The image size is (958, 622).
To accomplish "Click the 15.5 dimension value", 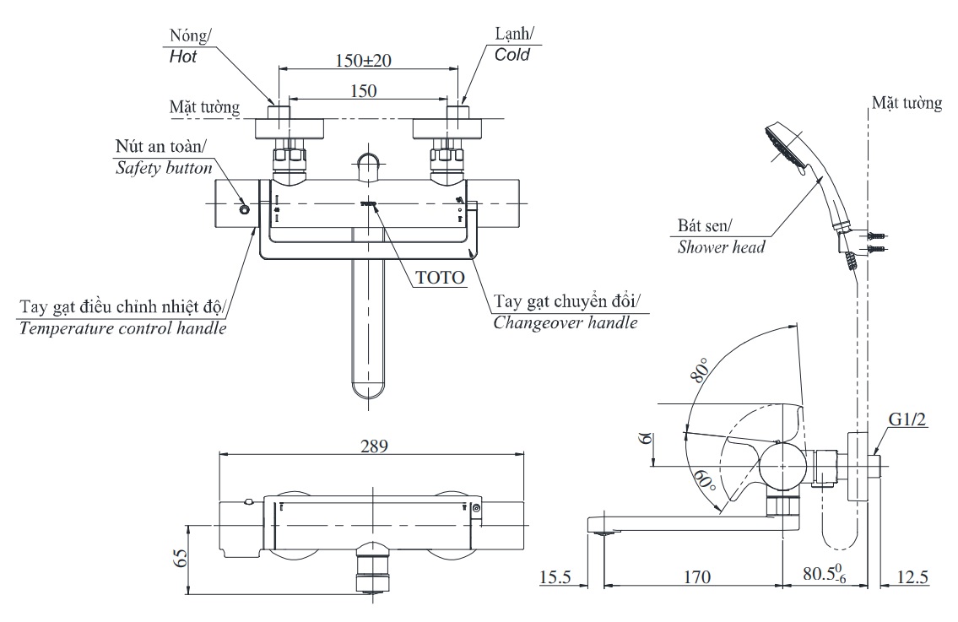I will coord(555,577).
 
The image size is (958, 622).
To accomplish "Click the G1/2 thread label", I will coord(908,421).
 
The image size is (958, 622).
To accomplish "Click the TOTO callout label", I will coord(440,276).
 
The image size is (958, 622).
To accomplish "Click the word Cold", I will coord(512,55).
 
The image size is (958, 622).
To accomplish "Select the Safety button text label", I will coord(163,169).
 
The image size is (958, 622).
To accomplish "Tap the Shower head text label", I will coord(721,247).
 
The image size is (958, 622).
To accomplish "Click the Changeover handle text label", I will coord(566,322).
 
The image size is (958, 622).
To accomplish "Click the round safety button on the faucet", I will coord(245,209).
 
